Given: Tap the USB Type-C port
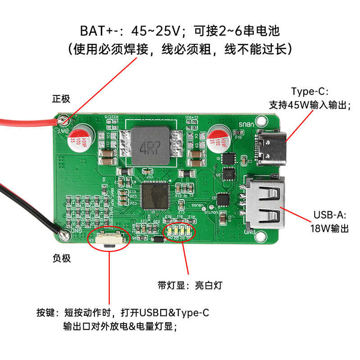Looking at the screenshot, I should pos(271,148).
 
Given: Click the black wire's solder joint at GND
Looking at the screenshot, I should pos(63,233).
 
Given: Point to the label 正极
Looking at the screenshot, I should pos(62,99).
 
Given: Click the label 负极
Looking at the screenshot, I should pos(62,258).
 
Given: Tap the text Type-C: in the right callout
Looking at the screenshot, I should pos(310,91).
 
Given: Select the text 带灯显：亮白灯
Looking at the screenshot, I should pos(189,285).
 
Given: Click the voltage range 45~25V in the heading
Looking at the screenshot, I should pos(156,31).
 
